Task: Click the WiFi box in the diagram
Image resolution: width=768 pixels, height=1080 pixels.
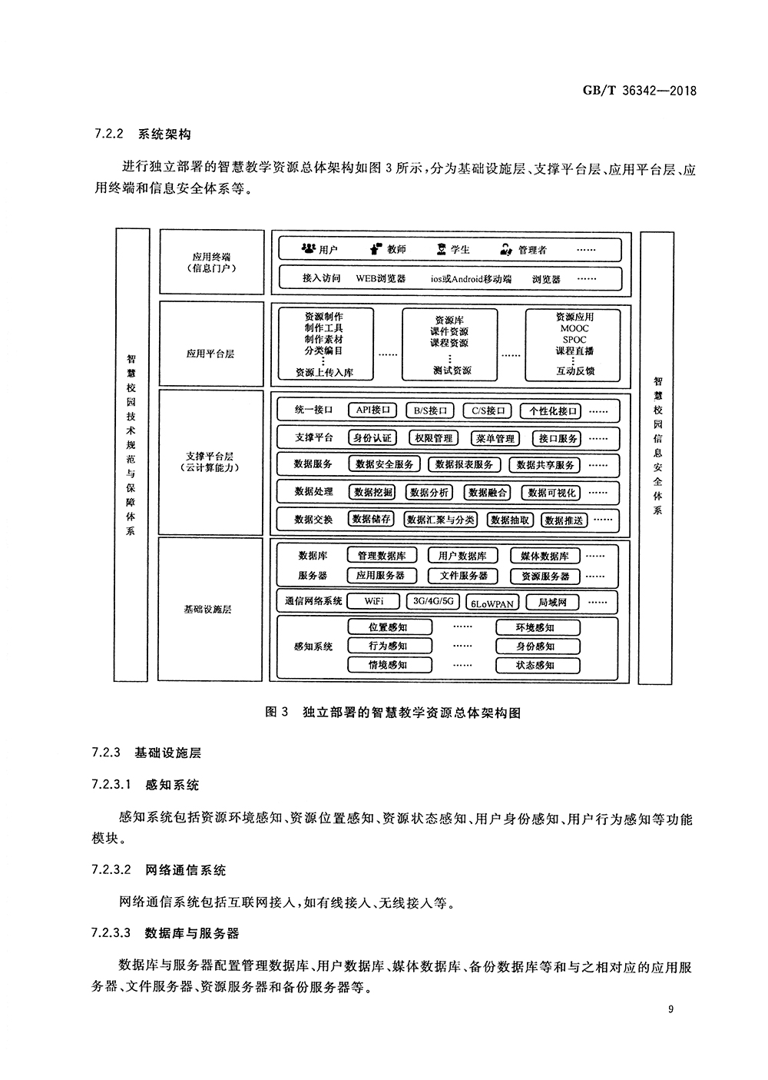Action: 374,601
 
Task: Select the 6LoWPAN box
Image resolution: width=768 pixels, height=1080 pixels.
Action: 492,603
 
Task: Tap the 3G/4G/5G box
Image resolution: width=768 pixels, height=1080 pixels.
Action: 433,601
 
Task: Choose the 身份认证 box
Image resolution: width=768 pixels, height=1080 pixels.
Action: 372,438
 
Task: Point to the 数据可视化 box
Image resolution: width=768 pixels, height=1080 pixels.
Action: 551,493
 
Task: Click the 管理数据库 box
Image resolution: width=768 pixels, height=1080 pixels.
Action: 382,556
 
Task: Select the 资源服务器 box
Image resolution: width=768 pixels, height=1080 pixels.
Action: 545,576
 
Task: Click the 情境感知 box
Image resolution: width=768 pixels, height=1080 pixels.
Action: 388,665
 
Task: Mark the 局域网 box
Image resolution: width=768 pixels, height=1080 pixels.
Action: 552,602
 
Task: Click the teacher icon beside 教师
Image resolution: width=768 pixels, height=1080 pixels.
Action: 376,249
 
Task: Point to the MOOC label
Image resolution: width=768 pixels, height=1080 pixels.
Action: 574,328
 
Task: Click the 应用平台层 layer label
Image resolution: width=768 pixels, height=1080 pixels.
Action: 210,354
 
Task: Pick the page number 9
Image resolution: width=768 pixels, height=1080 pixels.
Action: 670,1010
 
